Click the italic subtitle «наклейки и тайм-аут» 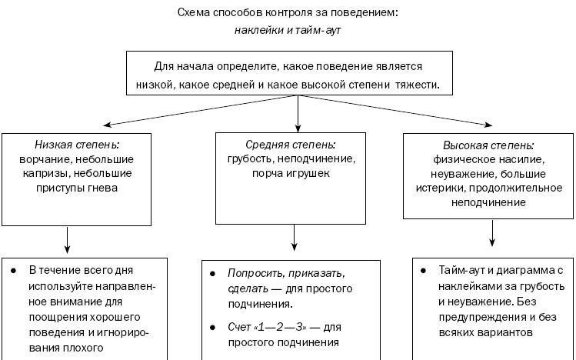tap(288, 30)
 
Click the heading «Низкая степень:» tap(77, 145)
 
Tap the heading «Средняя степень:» tap(291, 145)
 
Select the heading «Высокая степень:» tap(488, 145)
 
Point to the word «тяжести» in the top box tap(418, 85)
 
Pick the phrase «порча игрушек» tap(291, 173)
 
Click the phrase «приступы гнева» tap(77, 188)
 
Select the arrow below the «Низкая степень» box tap(67, 240)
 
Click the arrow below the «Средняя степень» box tap(294, 238)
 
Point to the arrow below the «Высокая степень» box tap(492, 233)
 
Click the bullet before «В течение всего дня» tap(14, 271)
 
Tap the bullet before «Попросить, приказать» tap(212, 274)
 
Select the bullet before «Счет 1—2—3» tap(212, 327)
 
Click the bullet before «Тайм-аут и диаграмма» tap(423, 271)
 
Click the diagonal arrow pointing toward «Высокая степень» tap(395, 110)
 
